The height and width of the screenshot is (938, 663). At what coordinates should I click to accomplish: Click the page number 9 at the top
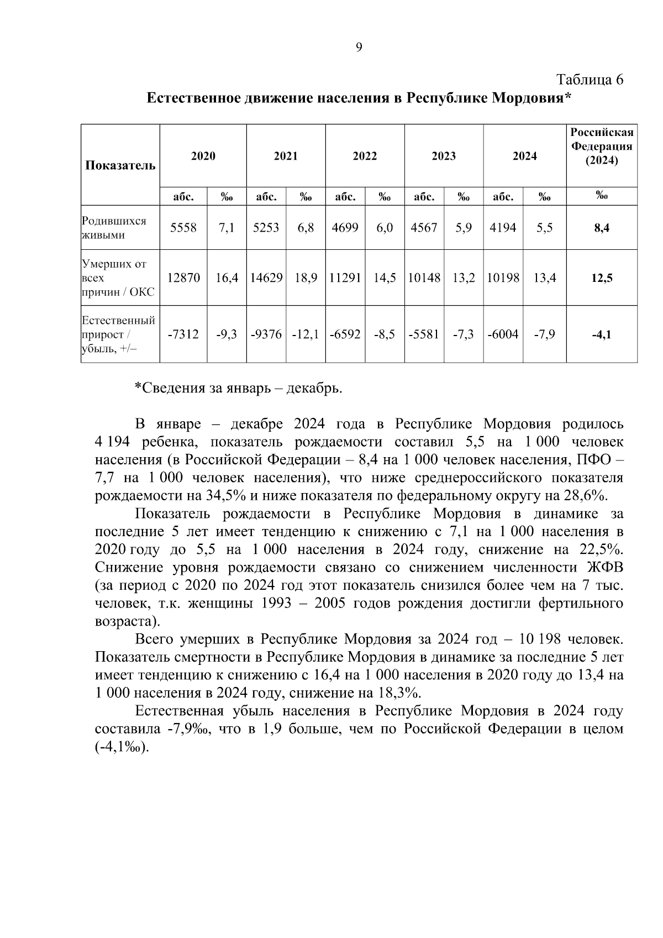pos(359,48)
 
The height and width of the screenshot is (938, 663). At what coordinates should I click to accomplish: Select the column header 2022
pos(365,156)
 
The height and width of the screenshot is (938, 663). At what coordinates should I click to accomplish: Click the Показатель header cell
pos(120,165)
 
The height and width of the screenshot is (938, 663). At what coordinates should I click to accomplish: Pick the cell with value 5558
pos(183,228)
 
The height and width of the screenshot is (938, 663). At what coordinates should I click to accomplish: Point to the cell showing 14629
pos(266,278)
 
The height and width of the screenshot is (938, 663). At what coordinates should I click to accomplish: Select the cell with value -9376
pos(266,334)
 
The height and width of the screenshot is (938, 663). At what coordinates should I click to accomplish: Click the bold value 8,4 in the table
pos(602,228)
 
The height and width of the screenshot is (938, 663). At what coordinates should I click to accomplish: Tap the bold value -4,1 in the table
pos(602,334)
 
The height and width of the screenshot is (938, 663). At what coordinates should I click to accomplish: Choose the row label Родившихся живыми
pos(114,228)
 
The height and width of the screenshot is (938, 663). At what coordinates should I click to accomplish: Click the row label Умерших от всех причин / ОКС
pos(118,278)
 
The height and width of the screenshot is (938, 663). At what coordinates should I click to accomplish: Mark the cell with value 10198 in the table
pos(503,278)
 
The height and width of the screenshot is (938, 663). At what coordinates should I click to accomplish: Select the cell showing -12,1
pos(306,334)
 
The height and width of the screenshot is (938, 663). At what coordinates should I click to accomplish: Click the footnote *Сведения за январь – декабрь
pos(239,388)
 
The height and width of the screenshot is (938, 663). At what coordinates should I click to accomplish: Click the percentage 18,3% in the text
pos(402,693)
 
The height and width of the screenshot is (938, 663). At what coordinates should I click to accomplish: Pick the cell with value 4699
pos(345,228)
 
